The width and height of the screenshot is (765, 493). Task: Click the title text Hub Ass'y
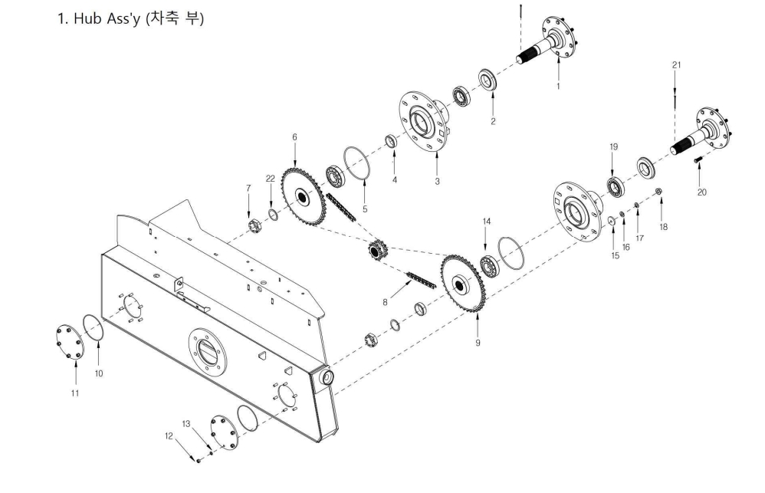coord(107,18)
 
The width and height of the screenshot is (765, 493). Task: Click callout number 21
coord(676,65)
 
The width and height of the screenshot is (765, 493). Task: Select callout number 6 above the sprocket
coord(294,138)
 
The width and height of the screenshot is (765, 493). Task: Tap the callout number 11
coord(75,393)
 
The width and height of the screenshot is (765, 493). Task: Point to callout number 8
coord(385,303)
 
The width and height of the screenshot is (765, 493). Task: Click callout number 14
coord(487,222)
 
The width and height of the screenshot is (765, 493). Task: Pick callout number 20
coord(701,192)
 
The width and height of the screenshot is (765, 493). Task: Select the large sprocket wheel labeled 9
coord(464,284)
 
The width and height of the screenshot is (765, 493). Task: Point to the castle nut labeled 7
coord(253,226)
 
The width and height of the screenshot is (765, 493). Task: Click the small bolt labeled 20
coord(697,159)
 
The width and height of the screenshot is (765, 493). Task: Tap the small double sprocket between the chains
coord(376,251)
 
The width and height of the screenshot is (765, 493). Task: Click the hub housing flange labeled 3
coord(425,122)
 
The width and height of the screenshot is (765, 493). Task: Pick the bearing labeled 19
coord(616,187)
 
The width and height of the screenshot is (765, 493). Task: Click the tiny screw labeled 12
coord(199,460)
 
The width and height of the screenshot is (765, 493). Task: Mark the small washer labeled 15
coord(612,221)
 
